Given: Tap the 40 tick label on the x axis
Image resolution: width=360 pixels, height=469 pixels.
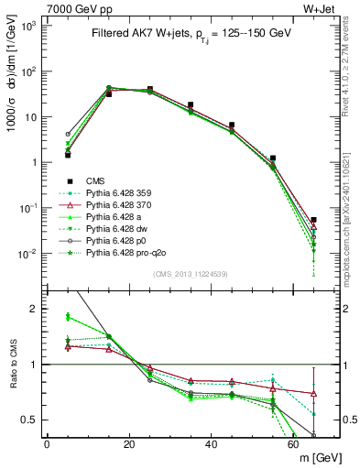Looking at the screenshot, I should tap(212, 445).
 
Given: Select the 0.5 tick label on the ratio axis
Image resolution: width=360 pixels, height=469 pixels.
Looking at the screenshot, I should tap(30, 420).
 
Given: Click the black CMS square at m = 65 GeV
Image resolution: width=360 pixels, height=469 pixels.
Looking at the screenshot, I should tap(314, 220).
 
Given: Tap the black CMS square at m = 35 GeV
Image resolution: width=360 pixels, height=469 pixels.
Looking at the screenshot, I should tap(191, 105).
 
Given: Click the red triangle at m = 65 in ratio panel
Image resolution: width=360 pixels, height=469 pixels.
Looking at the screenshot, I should tap(314, 394).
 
